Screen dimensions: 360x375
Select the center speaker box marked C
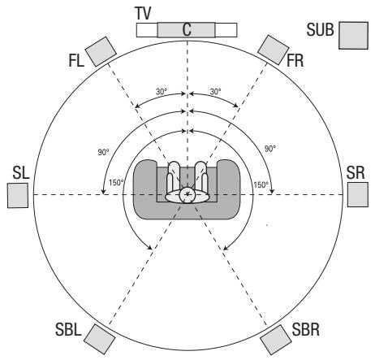point(187,29)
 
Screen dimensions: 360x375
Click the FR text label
point(297,62)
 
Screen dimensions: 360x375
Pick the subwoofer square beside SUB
point(354,36)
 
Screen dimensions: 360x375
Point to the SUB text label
point(321,30)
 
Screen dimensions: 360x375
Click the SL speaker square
point(18,195)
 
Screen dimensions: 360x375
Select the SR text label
point(355,175)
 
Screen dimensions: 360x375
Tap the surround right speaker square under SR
point(358,195)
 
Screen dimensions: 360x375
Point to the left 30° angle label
point(162,92)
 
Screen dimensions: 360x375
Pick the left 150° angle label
point(117,183)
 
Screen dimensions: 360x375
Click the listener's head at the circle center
point(187,194)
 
